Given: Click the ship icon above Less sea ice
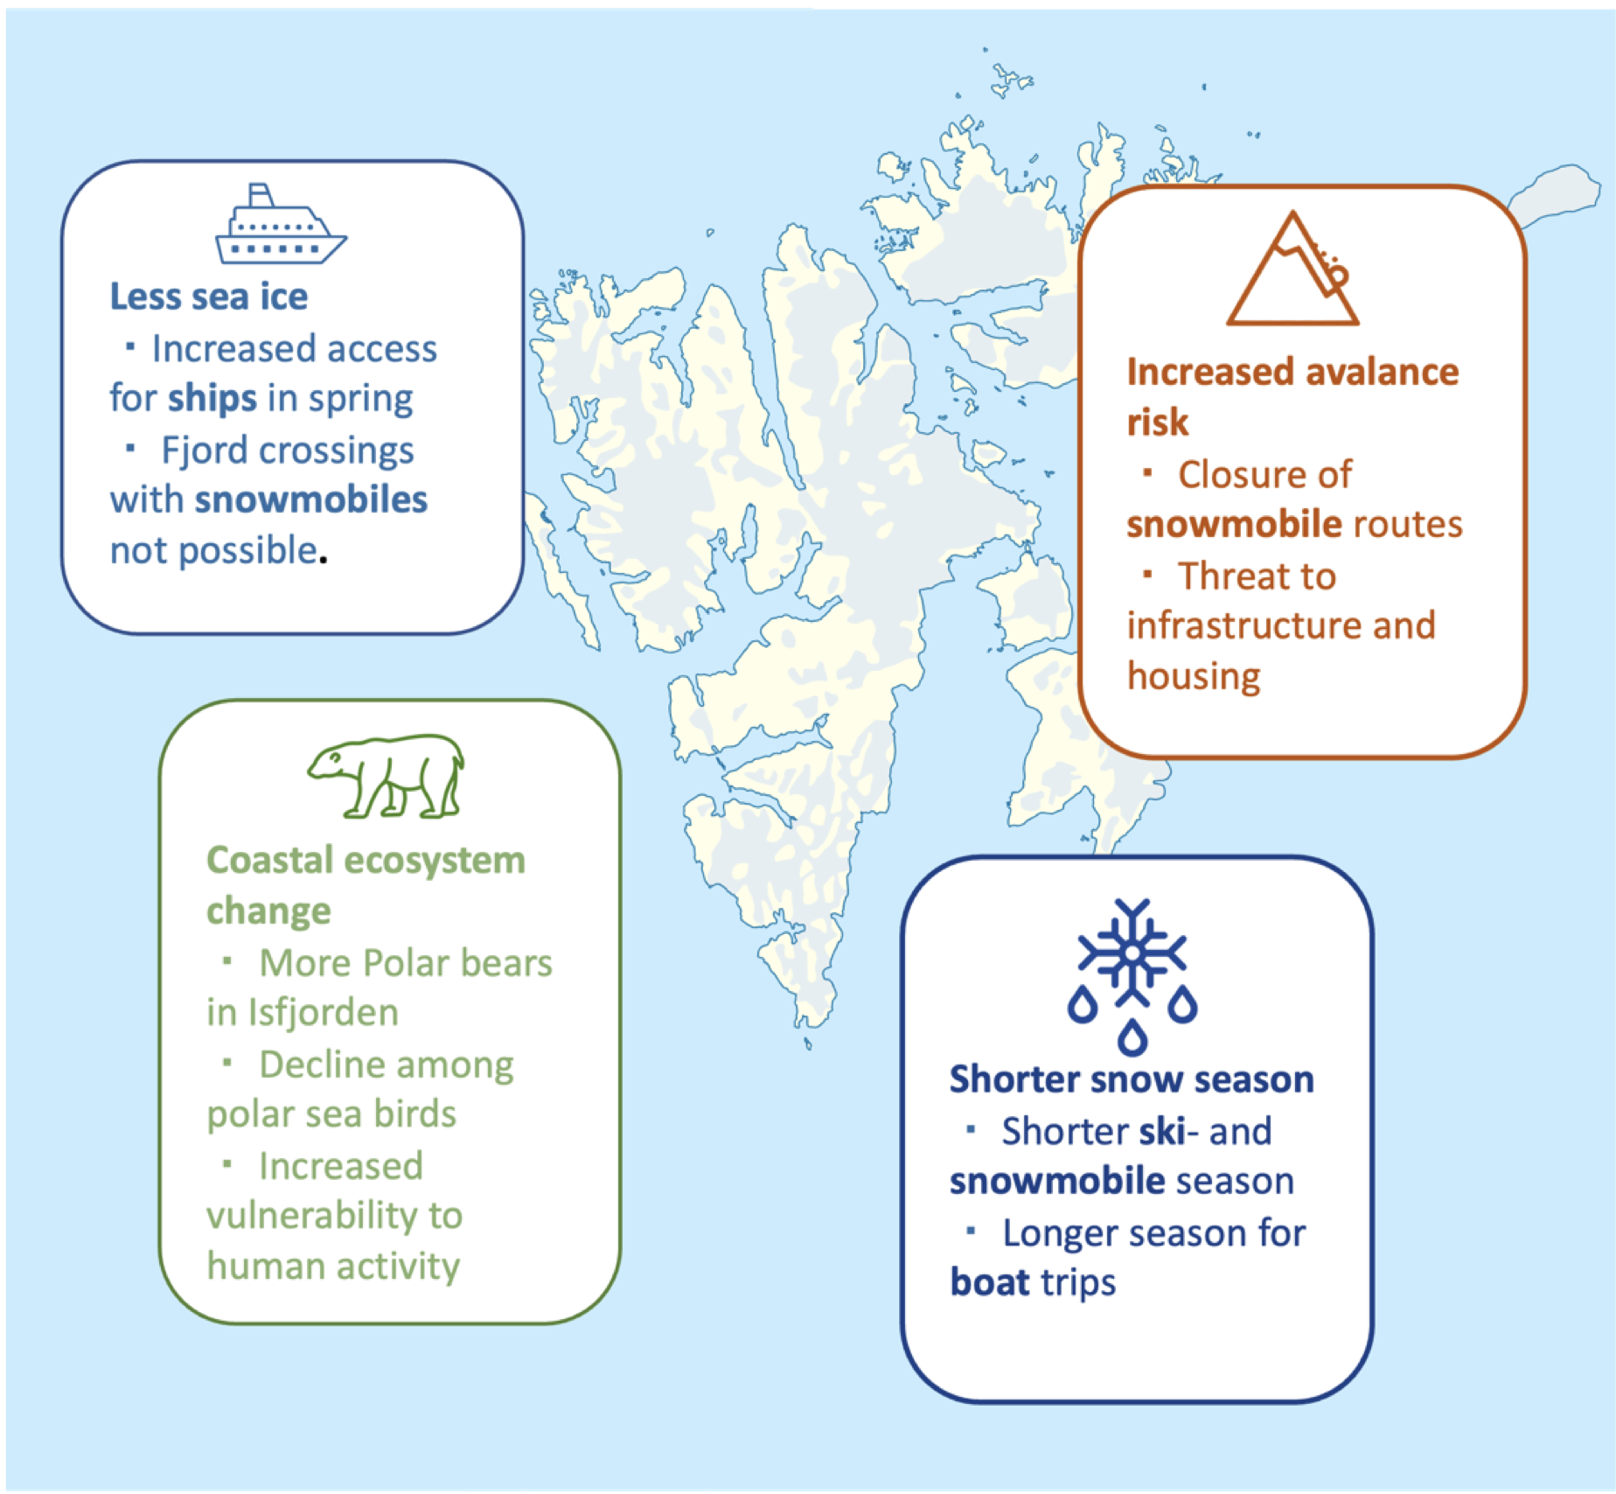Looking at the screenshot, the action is [281, 225].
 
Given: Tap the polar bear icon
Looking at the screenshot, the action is [386, 775].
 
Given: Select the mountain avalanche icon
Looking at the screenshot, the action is [1292, 269].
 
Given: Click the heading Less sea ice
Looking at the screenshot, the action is [209, 297].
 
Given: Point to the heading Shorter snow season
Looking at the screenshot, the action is [1132, 1079].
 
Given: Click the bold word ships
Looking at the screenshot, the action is [212, 399].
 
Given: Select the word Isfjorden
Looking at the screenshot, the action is [324, 1012].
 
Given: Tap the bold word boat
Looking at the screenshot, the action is [990, 1282].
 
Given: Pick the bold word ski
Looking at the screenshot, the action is [1162, 1131].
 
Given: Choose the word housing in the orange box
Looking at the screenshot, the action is [1194, 676].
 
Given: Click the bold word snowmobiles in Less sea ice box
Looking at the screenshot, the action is [311, 499].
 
